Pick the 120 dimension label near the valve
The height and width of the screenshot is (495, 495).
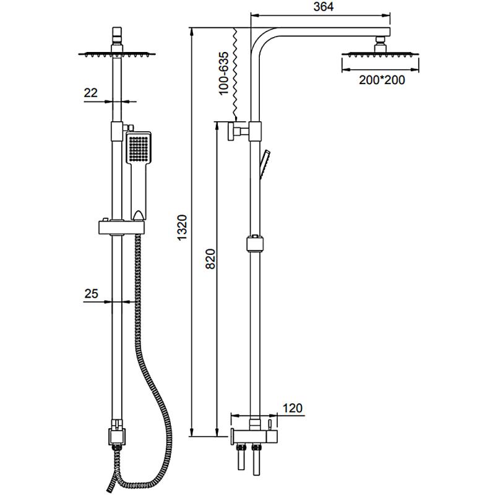pos(292,408)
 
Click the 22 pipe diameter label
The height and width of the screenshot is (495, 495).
pos(91,93)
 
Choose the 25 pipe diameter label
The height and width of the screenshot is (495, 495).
pos(91,294)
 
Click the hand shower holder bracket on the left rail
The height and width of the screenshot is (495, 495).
pos(121,226)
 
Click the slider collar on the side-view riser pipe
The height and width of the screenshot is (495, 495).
pos(254,243)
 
